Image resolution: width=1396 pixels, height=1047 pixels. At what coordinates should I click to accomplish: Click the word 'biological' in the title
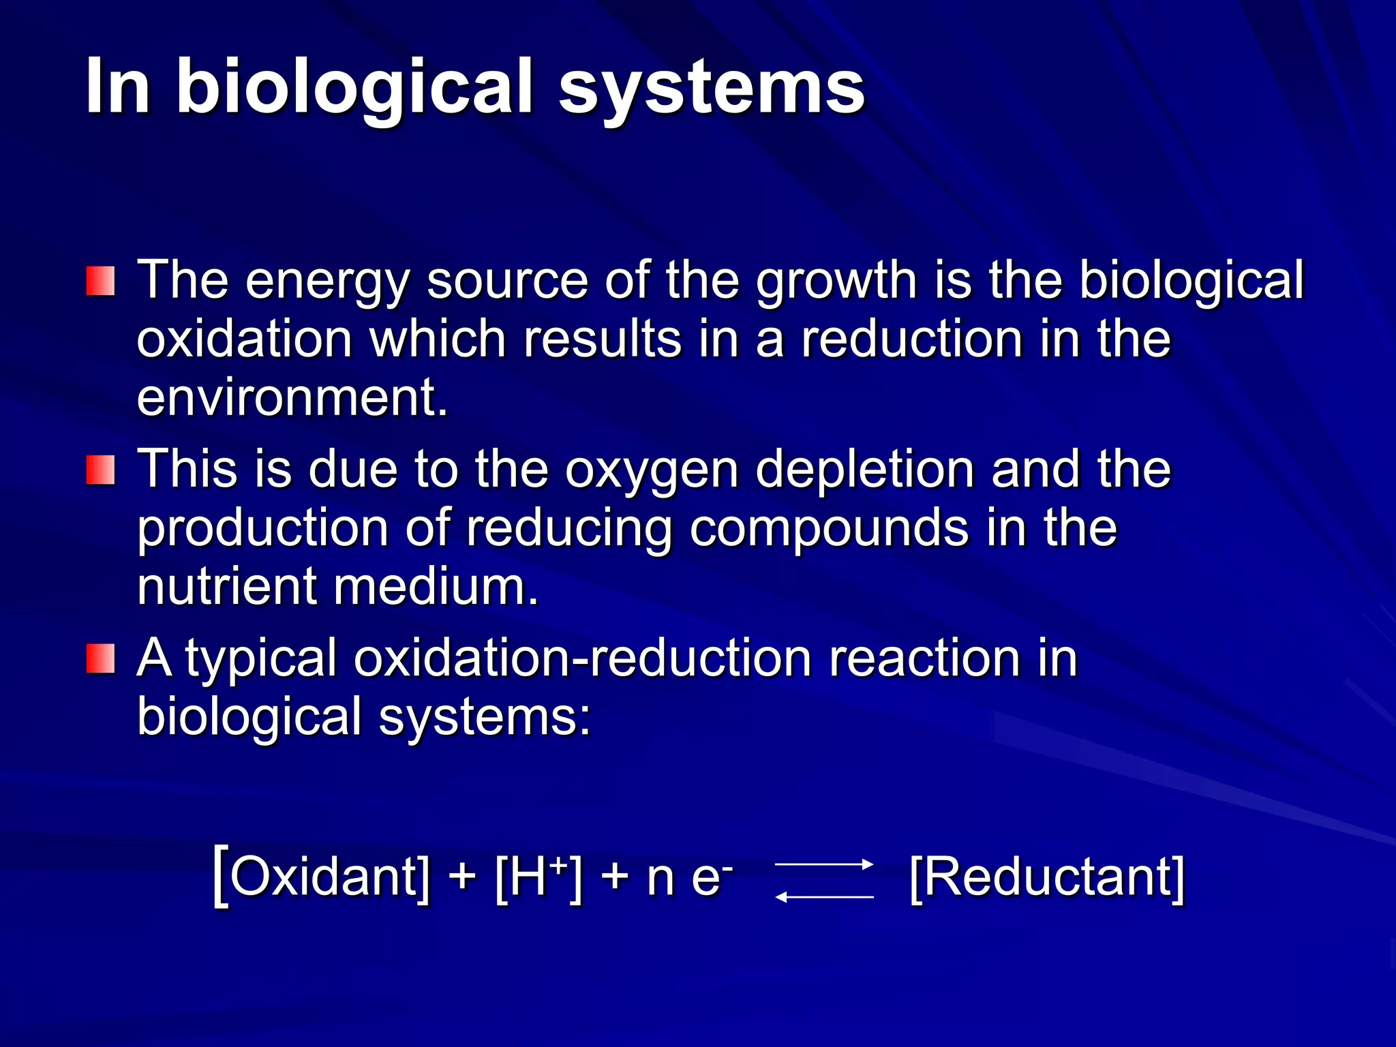(354, 87)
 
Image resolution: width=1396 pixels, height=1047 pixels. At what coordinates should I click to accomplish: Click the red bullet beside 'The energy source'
(100, 281)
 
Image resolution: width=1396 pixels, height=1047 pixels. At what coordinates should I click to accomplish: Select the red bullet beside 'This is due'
(100, 470)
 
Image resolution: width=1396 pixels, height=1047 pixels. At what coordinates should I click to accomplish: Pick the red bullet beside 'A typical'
(100, 658)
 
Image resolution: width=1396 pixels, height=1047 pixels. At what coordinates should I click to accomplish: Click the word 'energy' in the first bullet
(327, 281)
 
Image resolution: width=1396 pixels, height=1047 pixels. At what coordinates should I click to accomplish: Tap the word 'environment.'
(292, 397)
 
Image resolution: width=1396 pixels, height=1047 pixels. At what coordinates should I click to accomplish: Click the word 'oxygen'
(652, 470)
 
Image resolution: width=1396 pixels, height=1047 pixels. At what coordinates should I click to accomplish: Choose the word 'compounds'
(829, 528)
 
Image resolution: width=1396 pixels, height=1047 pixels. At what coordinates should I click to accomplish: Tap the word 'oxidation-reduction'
(583, 658)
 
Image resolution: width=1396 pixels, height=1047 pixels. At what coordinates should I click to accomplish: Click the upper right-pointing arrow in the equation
(824, 864)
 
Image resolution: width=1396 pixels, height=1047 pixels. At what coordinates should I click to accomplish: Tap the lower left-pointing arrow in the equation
(824, 897)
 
